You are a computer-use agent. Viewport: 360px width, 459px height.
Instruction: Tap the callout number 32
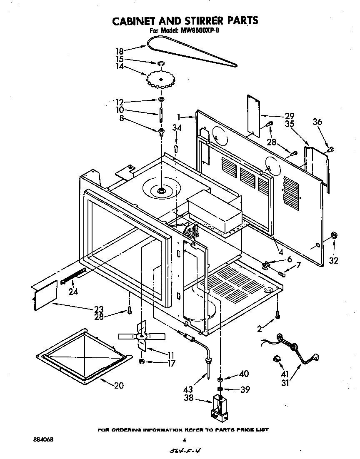[x=333, y=261]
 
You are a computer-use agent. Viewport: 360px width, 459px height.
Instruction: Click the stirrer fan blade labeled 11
[x=142, y=336]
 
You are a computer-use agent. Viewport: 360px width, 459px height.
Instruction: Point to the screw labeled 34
[x=176, y=147]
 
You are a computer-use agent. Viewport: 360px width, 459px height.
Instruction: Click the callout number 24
[x=73, y=292]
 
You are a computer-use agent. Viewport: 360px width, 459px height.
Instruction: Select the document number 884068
[x=43, y=439]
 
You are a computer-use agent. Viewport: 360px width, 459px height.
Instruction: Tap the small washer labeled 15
[x=160, y=63]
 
